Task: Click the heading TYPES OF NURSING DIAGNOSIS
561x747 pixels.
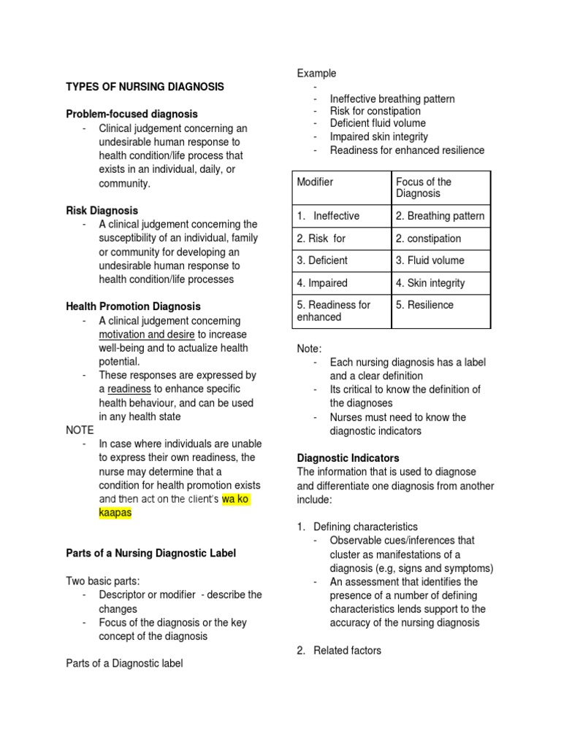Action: pyautogui.click(x=145, y=87)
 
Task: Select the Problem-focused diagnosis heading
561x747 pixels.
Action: pyautogui.click(x=131, y=115)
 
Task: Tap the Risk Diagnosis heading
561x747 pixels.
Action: pyautogui.click(x=102, y=211)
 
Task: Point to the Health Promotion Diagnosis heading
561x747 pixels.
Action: pyautogui.click(x=133, y=307)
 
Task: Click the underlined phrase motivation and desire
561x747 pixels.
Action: pyautogui.click(x=147, y=335)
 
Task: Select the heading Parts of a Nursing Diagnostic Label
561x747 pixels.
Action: pyautogui.click(x=151, y=554)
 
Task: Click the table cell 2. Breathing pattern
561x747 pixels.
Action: pyautogui.click(x=440, y=217)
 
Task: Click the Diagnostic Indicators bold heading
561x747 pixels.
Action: pyautogui.click(x=348, y=459)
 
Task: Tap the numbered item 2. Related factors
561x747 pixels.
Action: pyautogui.click(x=339, y=651)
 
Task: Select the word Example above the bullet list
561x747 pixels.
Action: pyautogui.click(x=316, y=73)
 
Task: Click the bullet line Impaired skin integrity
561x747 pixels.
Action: pyautogui.click(x=379, y=137)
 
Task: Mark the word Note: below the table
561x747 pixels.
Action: pyautogui.click(x=309, y=349)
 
